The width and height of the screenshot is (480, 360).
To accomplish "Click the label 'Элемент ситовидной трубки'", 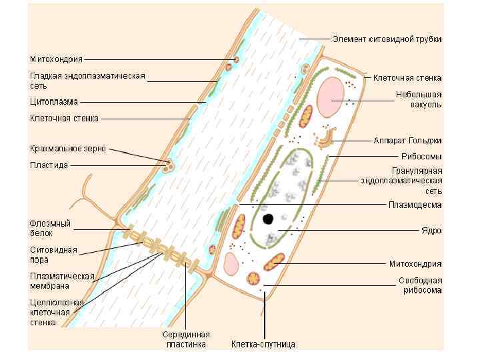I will point(387,39).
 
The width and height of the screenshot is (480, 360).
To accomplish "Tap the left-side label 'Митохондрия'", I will point(56,59).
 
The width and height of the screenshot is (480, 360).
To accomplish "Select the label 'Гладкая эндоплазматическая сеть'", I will point(87,81).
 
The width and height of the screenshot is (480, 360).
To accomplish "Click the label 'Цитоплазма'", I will point(53,102).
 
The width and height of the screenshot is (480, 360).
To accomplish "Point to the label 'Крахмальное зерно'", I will point(67,148).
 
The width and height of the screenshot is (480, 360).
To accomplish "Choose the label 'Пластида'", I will point(49,165).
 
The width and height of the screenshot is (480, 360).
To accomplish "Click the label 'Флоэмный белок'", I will point(50,229).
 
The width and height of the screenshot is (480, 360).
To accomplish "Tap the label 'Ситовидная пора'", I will point(53,255).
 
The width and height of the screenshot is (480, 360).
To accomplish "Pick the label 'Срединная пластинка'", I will point(186,339).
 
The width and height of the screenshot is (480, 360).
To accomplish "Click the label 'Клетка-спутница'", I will point(263,345).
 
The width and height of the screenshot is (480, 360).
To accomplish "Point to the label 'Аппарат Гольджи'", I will point(407,141).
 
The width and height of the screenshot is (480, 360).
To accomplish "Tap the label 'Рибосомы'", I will point(421,157).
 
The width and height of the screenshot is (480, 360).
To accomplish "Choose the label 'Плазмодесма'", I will point(415,205).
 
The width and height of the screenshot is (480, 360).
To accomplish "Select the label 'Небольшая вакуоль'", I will point(418,99).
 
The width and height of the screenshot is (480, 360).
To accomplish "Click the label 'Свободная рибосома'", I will point(420,285).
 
